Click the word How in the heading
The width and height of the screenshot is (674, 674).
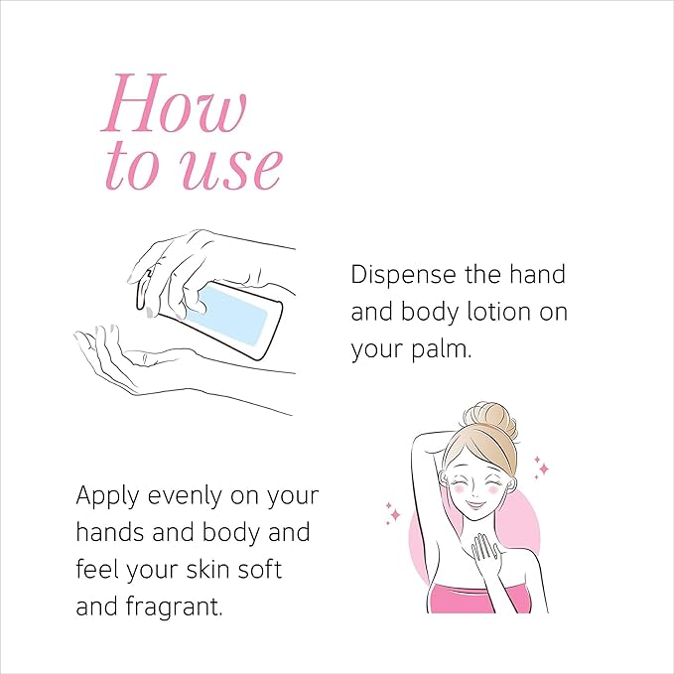pyautogui.click(x=175, y=103)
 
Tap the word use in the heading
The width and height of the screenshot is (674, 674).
pyautogui.click(x=231, y=168)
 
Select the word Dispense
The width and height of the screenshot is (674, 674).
pyautogui.click(x=403, y=276)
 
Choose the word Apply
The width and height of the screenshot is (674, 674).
pyautogui.click(x=107, y=497)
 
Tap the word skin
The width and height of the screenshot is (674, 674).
pyautogui.click(x=207, y=570)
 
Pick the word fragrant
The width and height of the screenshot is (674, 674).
pyautogui.click(x=174, y=607)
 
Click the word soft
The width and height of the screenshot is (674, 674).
pyautogui.click(x=260, y=570)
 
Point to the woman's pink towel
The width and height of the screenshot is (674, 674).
pyautogui.click(x=480, y=598)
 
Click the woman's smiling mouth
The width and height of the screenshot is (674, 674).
pyautogui.click(x=473, y=504)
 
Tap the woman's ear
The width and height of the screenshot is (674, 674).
pyautogui.click(x=510, y=485)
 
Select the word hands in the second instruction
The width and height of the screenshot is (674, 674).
pyautogui.click(x=110, y=533)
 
